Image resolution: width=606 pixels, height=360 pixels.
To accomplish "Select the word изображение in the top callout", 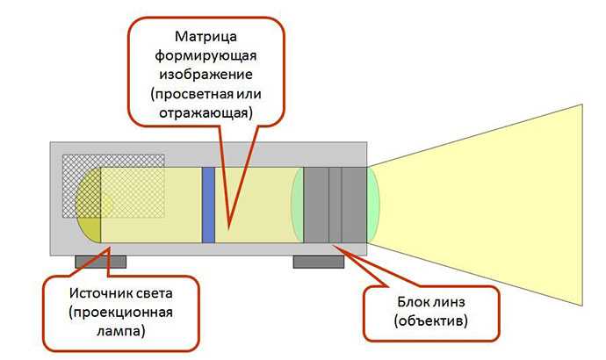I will point(206,76).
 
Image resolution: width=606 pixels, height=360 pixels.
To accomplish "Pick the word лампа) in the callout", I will point(122,331).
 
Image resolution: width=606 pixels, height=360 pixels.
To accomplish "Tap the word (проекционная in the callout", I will point(122,312).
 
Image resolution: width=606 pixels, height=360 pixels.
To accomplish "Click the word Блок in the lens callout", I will point(409,304).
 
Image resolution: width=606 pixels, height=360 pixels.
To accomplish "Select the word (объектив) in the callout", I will point(431,322).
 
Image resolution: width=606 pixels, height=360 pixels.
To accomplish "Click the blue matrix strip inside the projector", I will point(209,205).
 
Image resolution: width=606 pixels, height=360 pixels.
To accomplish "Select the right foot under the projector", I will point(319,261).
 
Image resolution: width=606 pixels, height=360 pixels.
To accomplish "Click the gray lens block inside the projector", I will point(335,205).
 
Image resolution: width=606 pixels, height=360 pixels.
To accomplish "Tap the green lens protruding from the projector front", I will point(373,205).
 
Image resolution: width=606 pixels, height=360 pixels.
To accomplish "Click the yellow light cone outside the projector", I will point(492,205).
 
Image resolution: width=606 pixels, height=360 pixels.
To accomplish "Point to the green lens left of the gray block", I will point(297,205).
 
